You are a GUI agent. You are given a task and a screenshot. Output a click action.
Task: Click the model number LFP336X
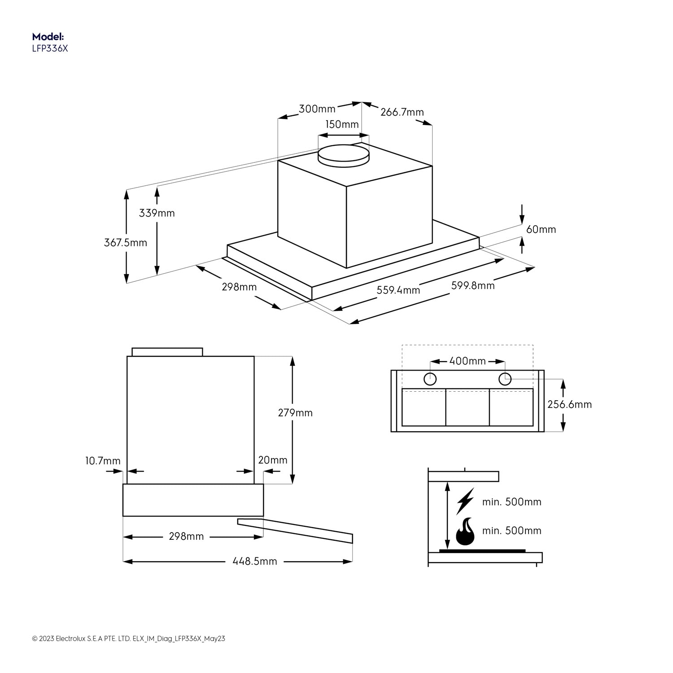click(x=50, y=49)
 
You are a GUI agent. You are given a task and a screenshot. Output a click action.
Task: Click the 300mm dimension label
click(x=317, y=109)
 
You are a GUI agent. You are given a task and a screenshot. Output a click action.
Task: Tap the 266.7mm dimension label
click(x=402, y=112)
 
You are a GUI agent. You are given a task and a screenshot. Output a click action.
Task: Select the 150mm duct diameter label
click(x=342, y=124)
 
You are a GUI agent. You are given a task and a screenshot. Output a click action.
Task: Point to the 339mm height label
click(x=157, y=213)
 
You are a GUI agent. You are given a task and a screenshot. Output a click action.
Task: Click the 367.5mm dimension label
click(x=126, y=243)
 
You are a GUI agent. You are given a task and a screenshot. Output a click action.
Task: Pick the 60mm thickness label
click(x=541, y=229)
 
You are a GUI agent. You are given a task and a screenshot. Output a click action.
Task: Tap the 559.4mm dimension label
click(x=398, y=290)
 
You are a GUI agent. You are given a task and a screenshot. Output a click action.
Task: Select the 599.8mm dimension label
click(x=473, y=285)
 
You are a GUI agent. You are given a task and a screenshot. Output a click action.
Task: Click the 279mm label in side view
click(x=295, y=413)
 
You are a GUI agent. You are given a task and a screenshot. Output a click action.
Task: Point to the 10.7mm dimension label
click(x=103, y=461)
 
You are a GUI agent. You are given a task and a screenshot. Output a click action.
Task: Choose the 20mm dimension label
click(x=272, y=460)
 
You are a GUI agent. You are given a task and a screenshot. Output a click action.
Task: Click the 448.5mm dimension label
click(x=254, y=561)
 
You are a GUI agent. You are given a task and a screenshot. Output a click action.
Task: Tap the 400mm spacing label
click(x=467, y=361)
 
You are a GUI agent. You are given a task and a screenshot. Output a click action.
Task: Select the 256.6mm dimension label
click(x=569, y=405)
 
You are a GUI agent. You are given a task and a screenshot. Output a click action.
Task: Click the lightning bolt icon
click(x=465, y=501)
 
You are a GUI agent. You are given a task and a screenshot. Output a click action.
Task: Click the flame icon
click(x=465, y=531)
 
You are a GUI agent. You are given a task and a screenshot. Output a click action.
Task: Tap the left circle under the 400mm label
click(x=430, y=379)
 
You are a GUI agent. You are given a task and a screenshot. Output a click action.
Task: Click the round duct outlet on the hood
click(x=343, y=153)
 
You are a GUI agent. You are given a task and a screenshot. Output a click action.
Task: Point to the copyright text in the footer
click(x=128, y=638)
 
